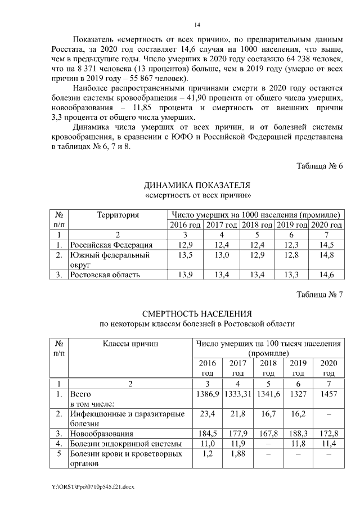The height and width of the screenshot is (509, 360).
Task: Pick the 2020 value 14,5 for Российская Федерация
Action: pos(326,245)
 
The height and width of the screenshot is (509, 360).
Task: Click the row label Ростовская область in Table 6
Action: pos(104,274)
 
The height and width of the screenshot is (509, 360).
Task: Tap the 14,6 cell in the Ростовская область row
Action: pos(326,274)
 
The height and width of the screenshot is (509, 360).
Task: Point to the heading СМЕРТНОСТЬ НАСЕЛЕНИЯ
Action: pos(197,314)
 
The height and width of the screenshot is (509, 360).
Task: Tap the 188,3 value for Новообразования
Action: pos(298,434)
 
